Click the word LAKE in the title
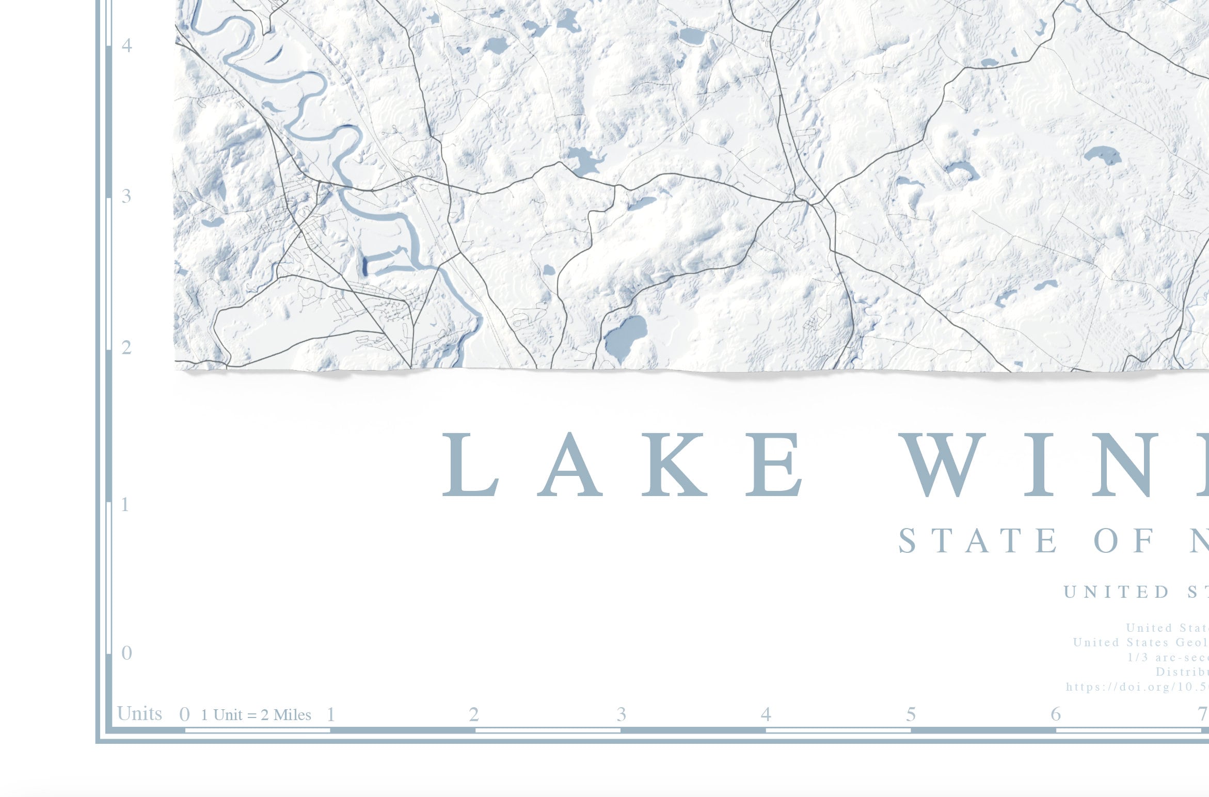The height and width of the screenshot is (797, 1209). pos(622,465)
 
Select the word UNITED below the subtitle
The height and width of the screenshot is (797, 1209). pos(1116,592)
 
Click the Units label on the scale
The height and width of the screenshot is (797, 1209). pos(139,713)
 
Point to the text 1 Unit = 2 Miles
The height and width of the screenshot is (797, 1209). pos(256,715)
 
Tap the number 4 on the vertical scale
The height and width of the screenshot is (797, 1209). pos(126,45)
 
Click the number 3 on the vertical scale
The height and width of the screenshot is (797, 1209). pos(126,196)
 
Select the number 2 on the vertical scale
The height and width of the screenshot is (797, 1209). pos(126,348)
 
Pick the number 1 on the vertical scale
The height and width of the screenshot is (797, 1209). pos(124,505)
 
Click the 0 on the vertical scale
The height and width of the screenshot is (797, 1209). pos(126,653)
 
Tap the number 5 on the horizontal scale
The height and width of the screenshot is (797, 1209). pos(911,714)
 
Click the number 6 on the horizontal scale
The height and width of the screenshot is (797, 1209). pos(1056,714)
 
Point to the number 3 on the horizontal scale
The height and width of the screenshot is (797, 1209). pos(621,714)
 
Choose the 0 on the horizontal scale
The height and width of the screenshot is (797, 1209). pos(184,715)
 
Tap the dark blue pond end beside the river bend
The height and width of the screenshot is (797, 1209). pos(365,265)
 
